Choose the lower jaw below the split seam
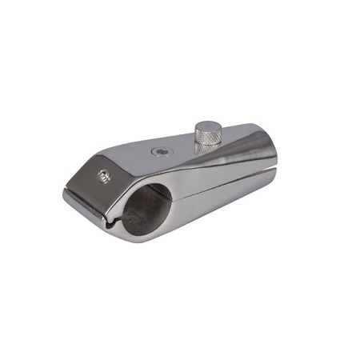(x=216, y=200)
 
